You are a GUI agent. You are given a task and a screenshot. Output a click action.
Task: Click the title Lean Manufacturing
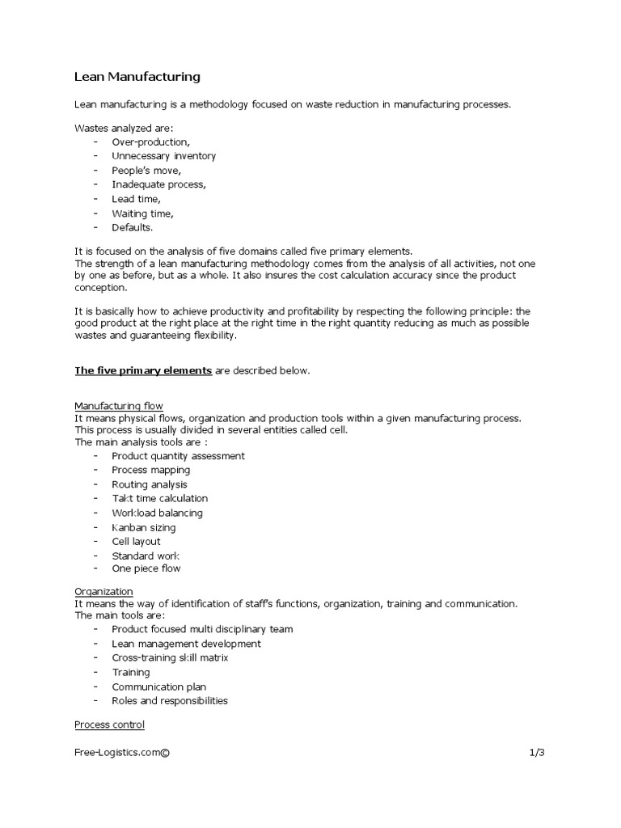pos(137,78)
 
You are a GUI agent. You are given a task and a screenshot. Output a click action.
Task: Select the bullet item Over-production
pos(151,142)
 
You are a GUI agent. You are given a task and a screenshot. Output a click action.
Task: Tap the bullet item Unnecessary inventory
pos(163,156)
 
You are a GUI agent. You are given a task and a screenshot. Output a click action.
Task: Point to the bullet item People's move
pos(146,171)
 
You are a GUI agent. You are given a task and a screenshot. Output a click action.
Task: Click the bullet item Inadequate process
pos(158,184)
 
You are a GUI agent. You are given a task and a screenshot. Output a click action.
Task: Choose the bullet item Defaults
pos(132,228)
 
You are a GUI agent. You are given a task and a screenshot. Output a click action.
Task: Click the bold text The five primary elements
pos(143,370)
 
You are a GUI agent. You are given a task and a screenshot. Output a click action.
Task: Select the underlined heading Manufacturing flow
pos(119,405)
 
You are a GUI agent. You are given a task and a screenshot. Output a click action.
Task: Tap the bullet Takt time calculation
pos(159,499)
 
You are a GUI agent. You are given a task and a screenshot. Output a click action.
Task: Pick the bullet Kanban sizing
pos(143,527)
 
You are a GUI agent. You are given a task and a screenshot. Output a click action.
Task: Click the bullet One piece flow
pos(146,569)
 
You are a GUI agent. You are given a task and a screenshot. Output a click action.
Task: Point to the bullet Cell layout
pos(136,542)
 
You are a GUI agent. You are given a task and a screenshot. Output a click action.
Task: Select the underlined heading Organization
pos(104,592)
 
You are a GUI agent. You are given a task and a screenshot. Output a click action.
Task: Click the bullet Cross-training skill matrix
pos(170,658)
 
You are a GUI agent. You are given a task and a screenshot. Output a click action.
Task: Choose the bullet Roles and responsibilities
pos(170,701)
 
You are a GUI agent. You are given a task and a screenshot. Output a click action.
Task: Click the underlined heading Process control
pos(109,724)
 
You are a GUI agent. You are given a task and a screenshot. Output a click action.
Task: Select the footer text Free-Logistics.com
pos(122,753)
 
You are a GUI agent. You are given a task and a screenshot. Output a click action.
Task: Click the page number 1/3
pos(538,753)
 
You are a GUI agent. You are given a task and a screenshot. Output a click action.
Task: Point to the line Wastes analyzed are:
pos(118,128)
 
